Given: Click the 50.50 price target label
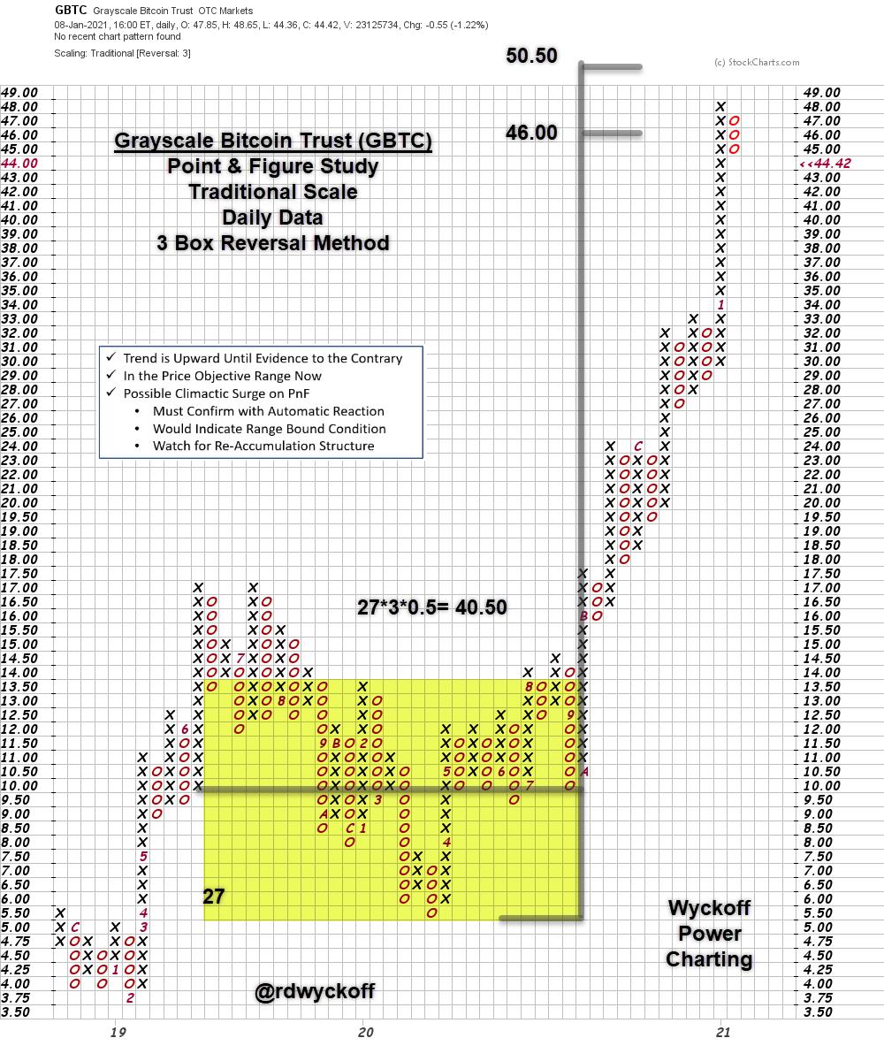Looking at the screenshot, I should pyautogui.click(x=531, y=56).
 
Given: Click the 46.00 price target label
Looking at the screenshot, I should pyautogui.click(x=531, y=133).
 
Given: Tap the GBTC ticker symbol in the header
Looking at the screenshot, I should pyautogui.click(x=71, y=10).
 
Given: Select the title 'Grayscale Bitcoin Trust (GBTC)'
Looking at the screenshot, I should pyautogui.click(x=273, y=141).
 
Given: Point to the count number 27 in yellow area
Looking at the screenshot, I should pyautogui.click(x=214, y=896).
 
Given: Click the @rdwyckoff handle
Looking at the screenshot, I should pyautogui.click(x=314, y=992).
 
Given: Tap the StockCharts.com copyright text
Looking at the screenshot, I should pyautogui.click(x=756, y=62).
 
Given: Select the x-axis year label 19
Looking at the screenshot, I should pyautogui.click(x=115, y=1031).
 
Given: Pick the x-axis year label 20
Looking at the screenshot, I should pyautogui.click(x=363, y=1031).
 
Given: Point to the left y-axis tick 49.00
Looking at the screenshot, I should pyautogui.click(x=19, y=92).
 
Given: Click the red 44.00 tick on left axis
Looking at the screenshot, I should pyautogui.click(x=19, y=164).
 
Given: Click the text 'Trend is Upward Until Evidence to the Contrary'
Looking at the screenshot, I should pyautogui.click(x=263, y=358).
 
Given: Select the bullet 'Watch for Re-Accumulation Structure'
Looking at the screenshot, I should pyautogui.click(x=263, y=446).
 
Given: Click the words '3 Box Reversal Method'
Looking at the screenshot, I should pyautogui.click(x=273, y=242).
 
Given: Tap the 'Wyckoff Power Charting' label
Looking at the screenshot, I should pyautogui.click(x=709, y=933).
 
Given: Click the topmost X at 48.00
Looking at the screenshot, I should pyautogui.click(x=720, y=107).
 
